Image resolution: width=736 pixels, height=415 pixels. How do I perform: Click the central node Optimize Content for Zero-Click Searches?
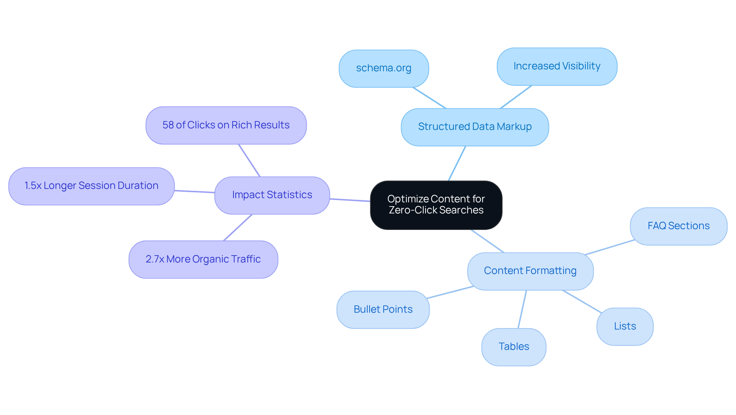click(436, 205)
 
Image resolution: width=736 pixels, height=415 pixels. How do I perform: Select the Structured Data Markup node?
click(475, 127)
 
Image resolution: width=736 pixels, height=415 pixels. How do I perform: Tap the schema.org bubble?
click(383, 68)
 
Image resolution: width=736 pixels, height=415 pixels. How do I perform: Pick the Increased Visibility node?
click(557, 66)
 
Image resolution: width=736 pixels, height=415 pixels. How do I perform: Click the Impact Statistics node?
click(272, 195)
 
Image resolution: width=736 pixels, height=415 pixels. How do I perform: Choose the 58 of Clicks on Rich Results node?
click(226, 125)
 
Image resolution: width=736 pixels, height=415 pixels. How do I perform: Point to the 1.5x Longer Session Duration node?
click(91, 186)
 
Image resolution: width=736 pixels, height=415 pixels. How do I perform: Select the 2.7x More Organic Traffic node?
click(203, 259)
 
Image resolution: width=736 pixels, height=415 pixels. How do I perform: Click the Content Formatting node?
click(530, 271)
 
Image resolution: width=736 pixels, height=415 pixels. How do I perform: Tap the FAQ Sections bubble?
click(678, 226)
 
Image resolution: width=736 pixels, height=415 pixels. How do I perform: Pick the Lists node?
click(624, 326)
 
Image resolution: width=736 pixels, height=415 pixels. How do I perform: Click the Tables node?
click(513, 347)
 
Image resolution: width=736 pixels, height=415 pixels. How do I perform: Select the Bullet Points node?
click(383, 310)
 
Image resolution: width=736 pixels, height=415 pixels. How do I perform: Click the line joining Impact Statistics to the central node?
click(350, 200)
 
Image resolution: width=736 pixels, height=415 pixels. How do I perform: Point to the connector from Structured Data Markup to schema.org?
click(429, 98)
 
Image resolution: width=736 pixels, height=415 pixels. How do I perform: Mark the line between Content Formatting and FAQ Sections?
click(609, 247)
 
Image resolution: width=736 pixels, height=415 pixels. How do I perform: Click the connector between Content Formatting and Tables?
click(522, 309)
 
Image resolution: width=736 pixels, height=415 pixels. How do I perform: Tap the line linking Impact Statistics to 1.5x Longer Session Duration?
click(194, 192)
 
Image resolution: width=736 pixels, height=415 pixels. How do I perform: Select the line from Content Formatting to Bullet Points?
click(450, 292)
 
